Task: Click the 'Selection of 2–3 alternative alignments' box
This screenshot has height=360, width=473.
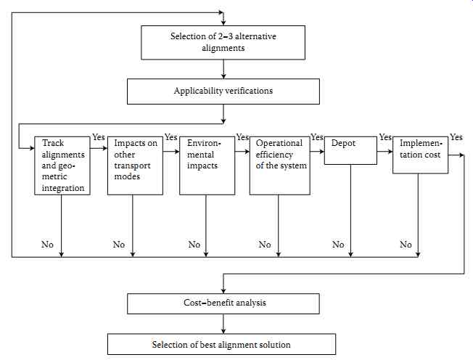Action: [223, 43]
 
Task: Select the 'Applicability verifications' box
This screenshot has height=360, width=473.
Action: [223, 91]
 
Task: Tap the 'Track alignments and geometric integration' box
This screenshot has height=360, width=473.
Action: [62, 165]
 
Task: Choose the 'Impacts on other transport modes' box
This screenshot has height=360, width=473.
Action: [135, 165]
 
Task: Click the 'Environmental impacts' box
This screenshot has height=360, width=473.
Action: [207, 165]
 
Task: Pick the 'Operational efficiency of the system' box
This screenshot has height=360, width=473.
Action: [279, 165]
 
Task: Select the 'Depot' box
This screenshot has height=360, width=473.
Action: [350, 150]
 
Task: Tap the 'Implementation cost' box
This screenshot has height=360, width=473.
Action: [420, 155]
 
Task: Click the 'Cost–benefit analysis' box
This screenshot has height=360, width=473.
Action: [223, 303]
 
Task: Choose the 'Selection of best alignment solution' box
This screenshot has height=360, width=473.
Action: [221, 344]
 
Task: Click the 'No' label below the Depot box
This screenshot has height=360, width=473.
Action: [338, 244]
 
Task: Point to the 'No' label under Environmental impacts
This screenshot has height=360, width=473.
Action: [194, 244]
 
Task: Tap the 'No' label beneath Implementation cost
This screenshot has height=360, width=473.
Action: [406, 244]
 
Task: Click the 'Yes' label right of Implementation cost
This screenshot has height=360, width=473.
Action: [456, 137]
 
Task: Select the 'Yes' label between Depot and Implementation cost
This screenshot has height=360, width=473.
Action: [385, 137]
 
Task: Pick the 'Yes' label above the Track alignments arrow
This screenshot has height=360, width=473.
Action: [99, 137]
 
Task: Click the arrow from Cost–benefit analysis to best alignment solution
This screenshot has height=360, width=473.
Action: [223, 324]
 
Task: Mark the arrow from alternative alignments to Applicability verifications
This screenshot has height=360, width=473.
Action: [223, 69]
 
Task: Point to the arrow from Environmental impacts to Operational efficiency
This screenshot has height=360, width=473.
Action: [242, 151]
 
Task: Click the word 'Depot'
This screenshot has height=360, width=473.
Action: [343, 143]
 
